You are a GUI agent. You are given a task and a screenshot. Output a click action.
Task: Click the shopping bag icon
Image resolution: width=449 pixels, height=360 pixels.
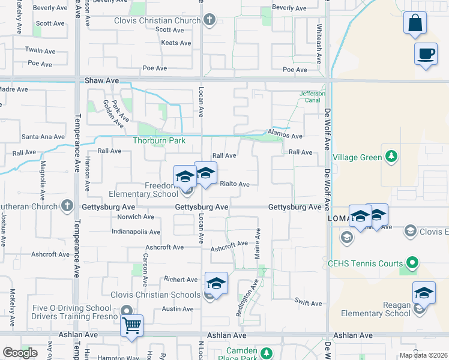(414, 24)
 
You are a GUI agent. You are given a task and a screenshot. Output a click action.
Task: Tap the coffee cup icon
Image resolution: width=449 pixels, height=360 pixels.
(426, 54)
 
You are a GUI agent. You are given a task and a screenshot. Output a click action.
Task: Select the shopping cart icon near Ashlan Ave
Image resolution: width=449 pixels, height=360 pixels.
(131, 326)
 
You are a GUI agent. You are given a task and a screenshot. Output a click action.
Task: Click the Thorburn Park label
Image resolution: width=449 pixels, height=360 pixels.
(159, 141)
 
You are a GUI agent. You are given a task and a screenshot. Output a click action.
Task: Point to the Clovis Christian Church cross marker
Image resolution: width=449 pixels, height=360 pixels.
(209, 20)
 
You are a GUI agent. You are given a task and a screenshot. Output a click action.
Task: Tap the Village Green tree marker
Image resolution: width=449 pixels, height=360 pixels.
(391, 157)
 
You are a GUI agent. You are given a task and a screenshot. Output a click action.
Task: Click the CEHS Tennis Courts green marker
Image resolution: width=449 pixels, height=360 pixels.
(412, 263)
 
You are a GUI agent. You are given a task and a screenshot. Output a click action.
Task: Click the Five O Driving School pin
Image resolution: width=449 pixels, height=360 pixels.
(127, 310)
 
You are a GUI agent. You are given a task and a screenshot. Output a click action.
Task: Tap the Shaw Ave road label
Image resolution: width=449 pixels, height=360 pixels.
(101, 80)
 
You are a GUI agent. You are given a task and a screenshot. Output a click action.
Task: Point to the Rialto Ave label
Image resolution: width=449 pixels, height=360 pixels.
(235, 184)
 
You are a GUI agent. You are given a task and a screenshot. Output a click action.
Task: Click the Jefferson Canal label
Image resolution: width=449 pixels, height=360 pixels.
(313, 97)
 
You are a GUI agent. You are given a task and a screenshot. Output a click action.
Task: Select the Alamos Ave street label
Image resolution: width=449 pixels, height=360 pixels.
(285, 136)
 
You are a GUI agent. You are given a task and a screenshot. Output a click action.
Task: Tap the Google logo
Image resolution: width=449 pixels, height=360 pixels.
(20, 353)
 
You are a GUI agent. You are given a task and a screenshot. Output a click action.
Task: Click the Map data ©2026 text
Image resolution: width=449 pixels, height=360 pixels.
(423, 355)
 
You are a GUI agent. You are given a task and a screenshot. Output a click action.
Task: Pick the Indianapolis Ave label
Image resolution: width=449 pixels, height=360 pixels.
(136, 232)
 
